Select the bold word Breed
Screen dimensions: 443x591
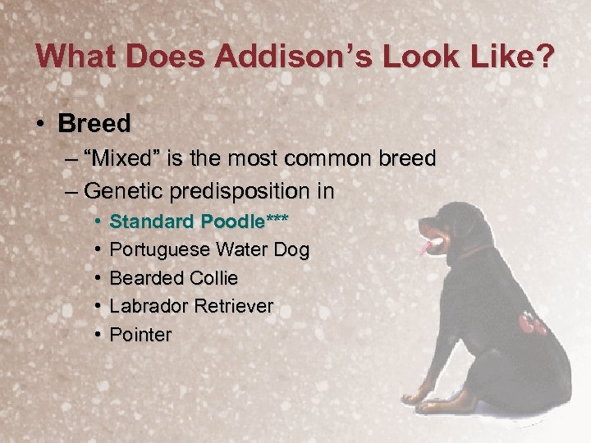94,124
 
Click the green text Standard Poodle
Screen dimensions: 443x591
185,221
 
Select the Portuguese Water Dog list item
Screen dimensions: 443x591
209,249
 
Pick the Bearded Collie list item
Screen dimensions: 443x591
173,278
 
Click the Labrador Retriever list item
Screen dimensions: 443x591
191,306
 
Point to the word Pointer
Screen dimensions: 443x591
140,335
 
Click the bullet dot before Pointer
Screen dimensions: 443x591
97,335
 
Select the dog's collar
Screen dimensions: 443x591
472,251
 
